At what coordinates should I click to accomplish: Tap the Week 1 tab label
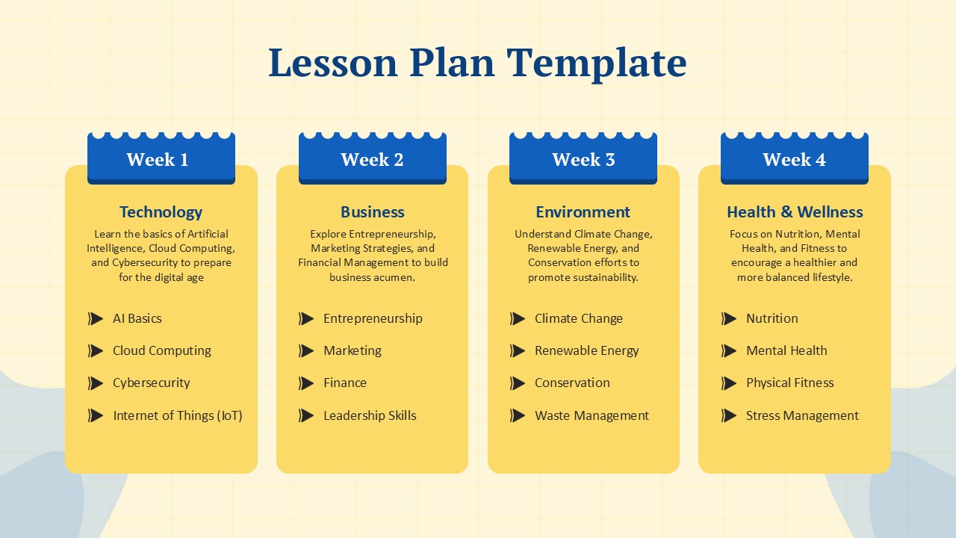click(x=158, y=159)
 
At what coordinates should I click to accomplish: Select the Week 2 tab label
click(x=372, y=159)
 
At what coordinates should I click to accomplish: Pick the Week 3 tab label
click(x=583, y=159)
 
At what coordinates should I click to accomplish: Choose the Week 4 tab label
click(x=794, y=159)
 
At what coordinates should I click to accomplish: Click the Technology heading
click(x=161, y=212)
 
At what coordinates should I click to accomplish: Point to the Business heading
click(x=372, y=212)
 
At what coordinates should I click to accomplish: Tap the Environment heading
click(x=583, y=212)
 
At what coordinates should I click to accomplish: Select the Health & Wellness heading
click(x=795, y=212)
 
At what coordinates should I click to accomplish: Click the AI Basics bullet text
click(x=137, y=318)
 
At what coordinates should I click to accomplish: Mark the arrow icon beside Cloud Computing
click(x=96, y=350)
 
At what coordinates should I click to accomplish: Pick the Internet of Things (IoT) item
click(x=177, y=415)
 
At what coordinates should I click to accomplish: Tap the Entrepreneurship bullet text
click(x=373, y=318)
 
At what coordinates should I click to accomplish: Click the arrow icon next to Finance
click(x=306, y=383)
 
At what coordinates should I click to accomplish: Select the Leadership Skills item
click(x=370, y=415)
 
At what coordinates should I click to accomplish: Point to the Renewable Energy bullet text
click(x=586, y=350)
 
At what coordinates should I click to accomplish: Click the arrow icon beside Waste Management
click(x=518, y=415)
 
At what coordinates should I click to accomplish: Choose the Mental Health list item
click(x=786, y=350)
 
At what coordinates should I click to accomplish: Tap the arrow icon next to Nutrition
click(x=729, y=318)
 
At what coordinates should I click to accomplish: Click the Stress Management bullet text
click(x=802, y=415)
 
